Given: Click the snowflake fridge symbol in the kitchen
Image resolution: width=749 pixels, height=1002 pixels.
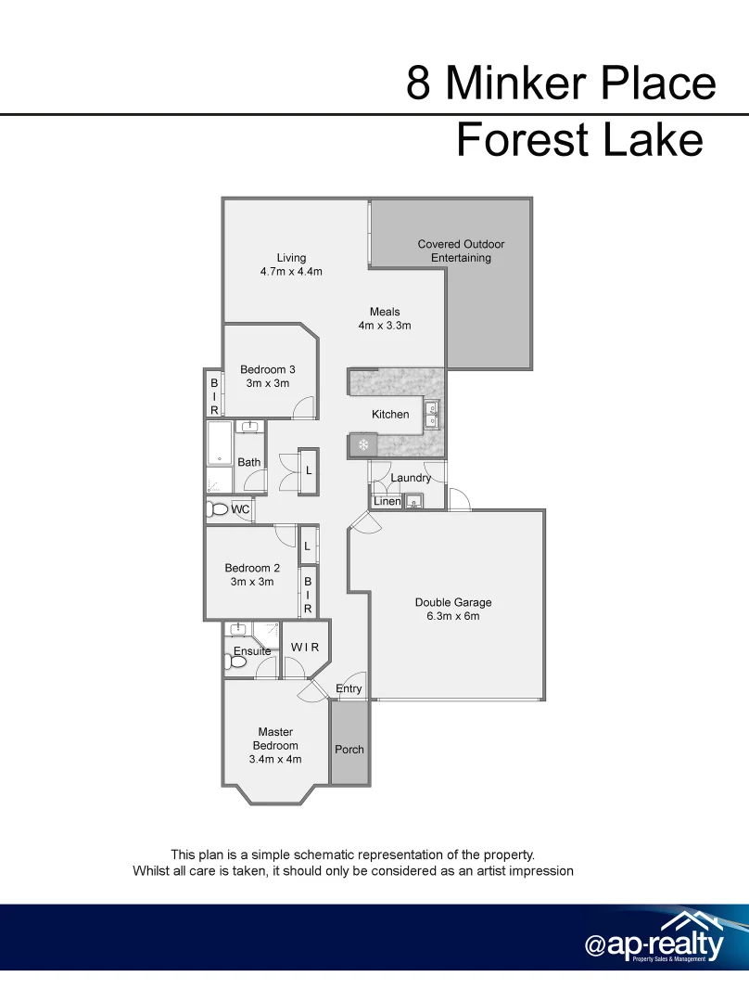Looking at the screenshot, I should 363,446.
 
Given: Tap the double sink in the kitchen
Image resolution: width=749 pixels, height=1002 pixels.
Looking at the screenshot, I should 432,415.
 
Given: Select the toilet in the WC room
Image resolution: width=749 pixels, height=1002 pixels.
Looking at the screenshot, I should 219,509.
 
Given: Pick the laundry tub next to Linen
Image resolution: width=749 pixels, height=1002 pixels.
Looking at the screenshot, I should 413,502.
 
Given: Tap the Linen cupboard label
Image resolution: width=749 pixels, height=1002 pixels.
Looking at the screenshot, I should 387,502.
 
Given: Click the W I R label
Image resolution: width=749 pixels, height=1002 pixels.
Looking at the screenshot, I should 305,647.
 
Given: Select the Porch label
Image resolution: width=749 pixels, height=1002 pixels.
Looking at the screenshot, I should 349,750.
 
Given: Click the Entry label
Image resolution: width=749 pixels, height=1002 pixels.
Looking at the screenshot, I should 349,688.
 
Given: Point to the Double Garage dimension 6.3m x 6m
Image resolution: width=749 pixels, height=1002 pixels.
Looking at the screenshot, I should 453,616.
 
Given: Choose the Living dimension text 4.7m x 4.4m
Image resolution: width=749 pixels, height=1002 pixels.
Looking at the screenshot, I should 291,272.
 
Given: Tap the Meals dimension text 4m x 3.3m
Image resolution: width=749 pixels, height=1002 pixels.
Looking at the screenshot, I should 385,326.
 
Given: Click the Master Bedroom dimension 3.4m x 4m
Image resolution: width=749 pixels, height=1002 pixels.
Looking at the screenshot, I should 275,759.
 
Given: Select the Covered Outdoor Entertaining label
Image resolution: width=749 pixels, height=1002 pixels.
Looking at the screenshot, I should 461,250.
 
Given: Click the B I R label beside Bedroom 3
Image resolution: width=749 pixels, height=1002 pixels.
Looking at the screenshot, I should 214,396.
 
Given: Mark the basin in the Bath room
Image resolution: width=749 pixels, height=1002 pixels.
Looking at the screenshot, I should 248,427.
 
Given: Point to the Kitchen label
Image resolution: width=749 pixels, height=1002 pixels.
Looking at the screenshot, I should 390,415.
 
